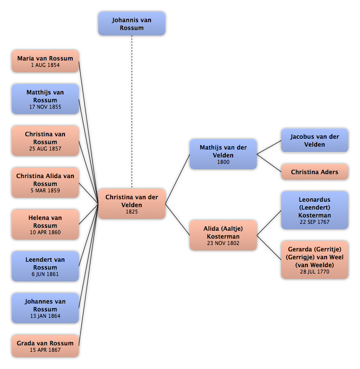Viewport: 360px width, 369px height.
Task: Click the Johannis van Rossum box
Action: (x=132, y=24)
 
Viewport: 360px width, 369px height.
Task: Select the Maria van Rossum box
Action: (x=45, y=61)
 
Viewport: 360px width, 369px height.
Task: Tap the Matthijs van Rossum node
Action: (x=45, y=99)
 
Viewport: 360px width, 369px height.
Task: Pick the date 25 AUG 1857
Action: (x=45, y=149)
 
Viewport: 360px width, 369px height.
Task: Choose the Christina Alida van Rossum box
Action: (x=45, y=183)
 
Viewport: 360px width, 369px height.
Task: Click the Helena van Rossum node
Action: (x=45, y=224)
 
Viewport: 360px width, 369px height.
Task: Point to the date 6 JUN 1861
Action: (x=45, y=274)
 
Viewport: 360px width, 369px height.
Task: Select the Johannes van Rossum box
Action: (x=45, y=308)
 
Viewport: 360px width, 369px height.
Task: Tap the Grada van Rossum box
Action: (x=45, y=346)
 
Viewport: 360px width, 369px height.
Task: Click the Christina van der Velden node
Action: (x=132, y=204)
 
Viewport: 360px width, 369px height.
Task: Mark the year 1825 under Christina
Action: (x=132, y=212)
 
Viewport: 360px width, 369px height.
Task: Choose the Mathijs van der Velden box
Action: (x=223, y=154)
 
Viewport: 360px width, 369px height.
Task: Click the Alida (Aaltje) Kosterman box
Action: (x=223, y=235)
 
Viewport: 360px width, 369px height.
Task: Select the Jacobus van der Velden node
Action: (x=315, y=141)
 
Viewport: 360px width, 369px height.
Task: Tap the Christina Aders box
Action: (x=315, y=172)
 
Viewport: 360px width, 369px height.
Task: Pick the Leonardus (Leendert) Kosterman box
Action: (x=315, y=210)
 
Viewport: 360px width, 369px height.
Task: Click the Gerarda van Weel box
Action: (x=315, y=260)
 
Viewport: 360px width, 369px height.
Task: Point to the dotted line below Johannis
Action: (x=132, y=112)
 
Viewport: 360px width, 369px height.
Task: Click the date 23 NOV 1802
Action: (x=223, y=243)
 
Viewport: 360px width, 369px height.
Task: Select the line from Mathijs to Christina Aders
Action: (x=269, y=163)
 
